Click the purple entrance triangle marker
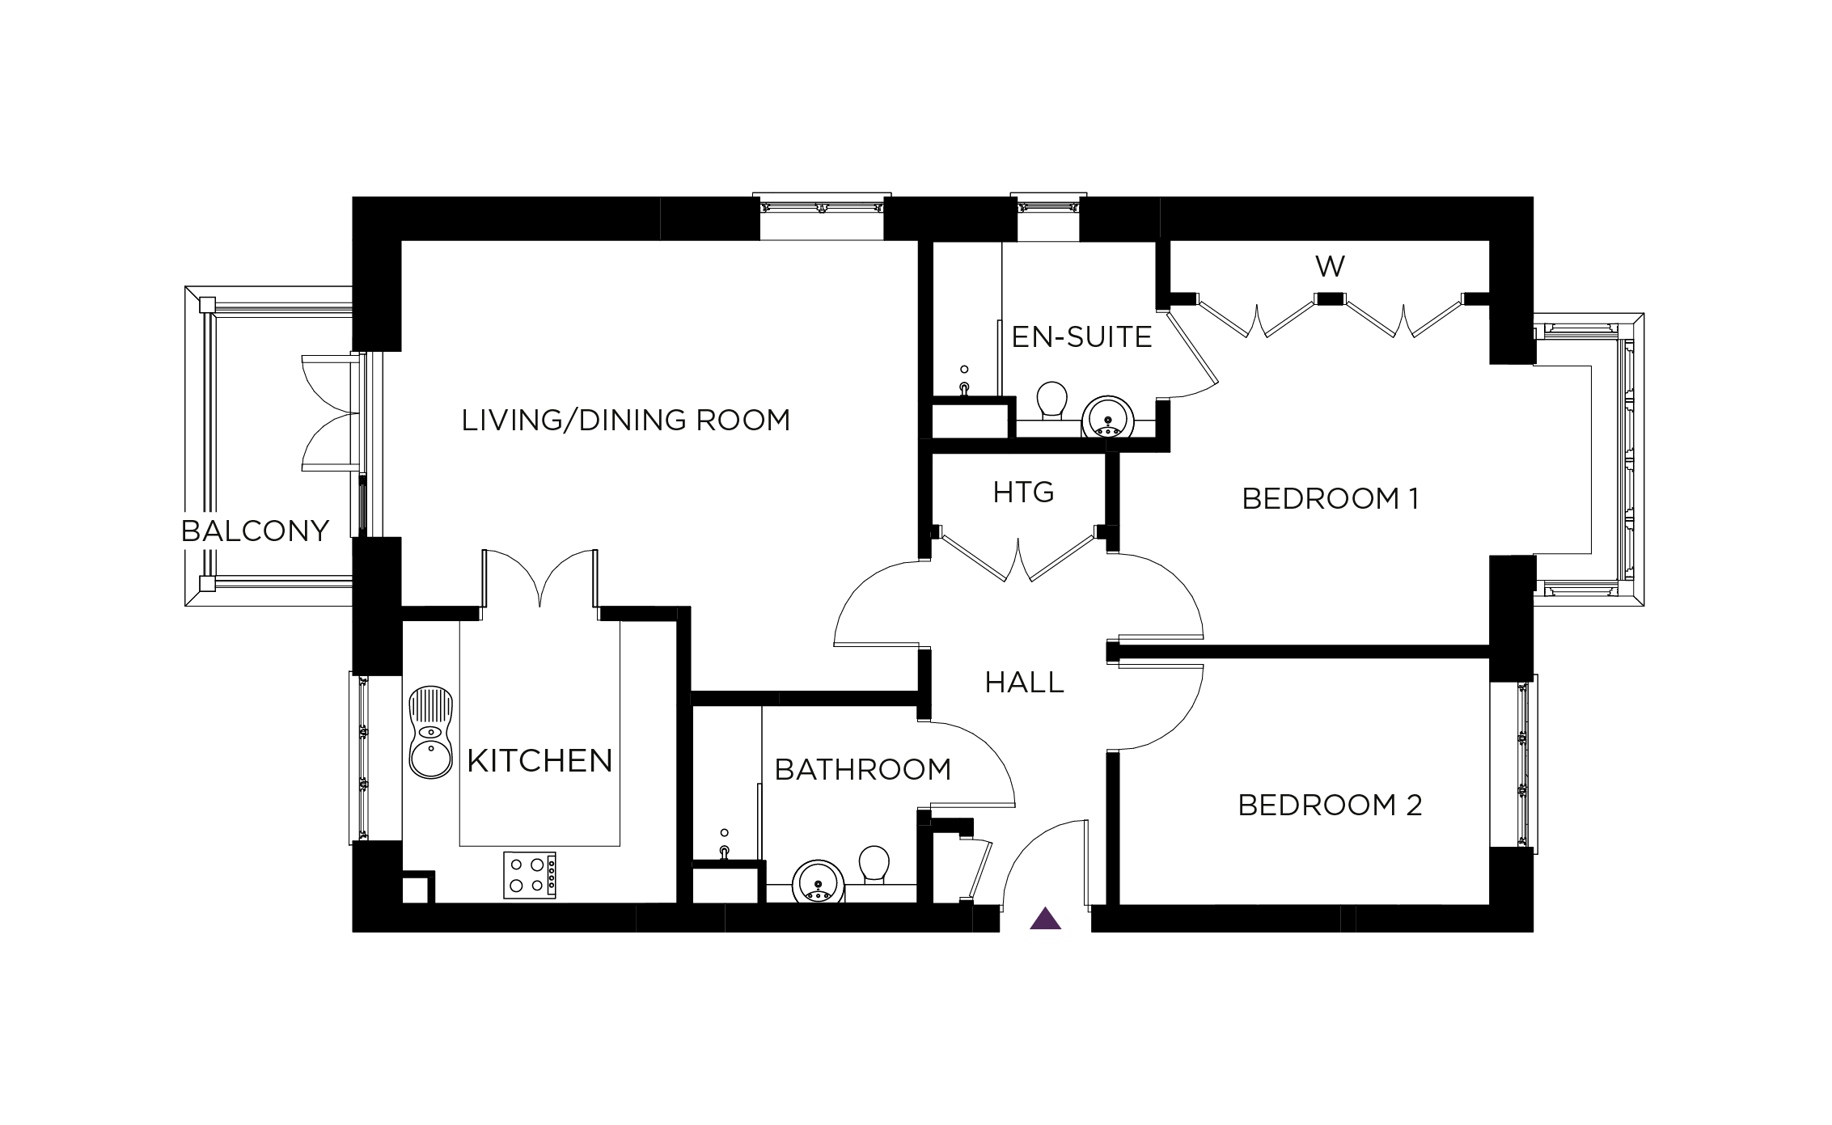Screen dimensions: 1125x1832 (1045, 920)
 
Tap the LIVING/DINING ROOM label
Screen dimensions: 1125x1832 (625, 421)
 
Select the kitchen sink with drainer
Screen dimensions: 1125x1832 (430, 733)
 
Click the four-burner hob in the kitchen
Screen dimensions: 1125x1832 (530, 875)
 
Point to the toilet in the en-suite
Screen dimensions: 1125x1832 (1051, 400)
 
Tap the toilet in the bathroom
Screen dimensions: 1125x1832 (874, 865)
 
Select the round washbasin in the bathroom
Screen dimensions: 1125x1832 (819, 883)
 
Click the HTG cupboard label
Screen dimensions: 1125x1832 (1023, 492)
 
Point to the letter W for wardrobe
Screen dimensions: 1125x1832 (1330, 266)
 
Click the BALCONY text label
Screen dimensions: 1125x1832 (255, 531)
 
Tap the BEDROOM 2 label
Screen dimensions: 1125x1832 (1330, 806)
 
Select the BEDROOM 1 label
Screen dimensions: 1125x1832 (1330, 499)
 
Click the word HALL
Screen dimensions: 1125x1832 (1024, 683)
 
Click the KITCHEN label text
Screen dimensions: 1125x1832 (539, 761)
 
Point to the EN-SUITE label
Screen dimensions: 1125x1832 (1081, 336)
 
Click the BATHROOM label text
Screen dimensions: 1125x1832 (862, 770)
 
